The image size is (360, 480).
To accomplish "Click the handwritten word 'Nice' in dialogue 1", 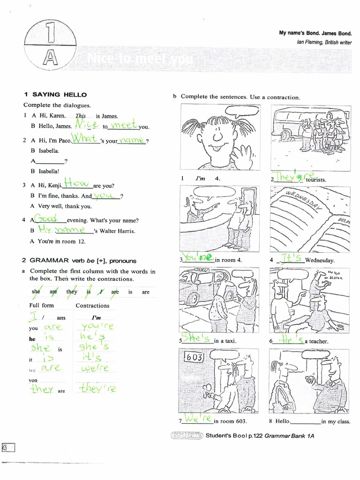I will pyautogui.click(x=86, y=125).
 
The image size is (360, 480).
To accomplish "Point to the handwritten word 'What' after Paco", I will pyautogui.click(x=85, y=139).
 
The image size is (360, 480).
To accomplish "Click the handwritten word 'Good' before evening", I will pyautogui.click(x=48, y=219).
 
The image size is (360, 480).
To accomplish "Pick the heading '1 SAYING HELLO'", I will pyautogui.click(x=55, y=95).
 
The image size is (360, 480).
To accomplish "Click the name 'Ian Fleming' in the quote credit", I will pyautogui.click(x=310, y=42).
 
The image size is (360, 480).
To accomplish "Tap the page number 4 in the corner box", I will pyautogui.click(x=8, y=447).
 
